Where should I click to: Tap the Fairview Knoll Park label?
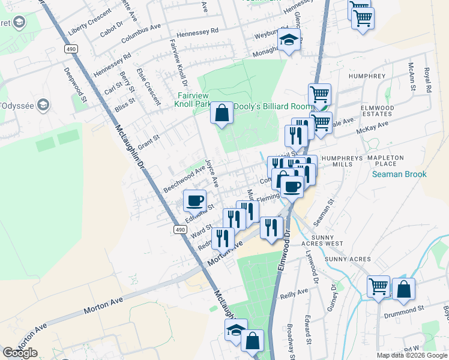[x=193, y=100]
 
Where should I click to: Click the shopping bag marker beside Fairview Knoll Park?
[x=221, y=113]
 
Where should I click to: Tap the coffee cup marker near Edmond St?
[x=194, y=201]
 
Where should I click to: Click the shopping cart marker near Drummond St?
[x=378, y=287]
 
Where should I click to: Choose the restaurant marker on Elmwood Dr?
[x=272, y=227]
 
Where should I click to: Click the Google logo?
[x=20, y=353]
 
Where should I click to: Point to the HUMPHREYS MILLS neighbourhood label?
[x=346, y=161]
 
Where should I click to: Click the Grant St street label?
[x=148, y=142]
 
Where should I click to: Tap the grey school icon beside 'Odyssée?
[x=43, y=105]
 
